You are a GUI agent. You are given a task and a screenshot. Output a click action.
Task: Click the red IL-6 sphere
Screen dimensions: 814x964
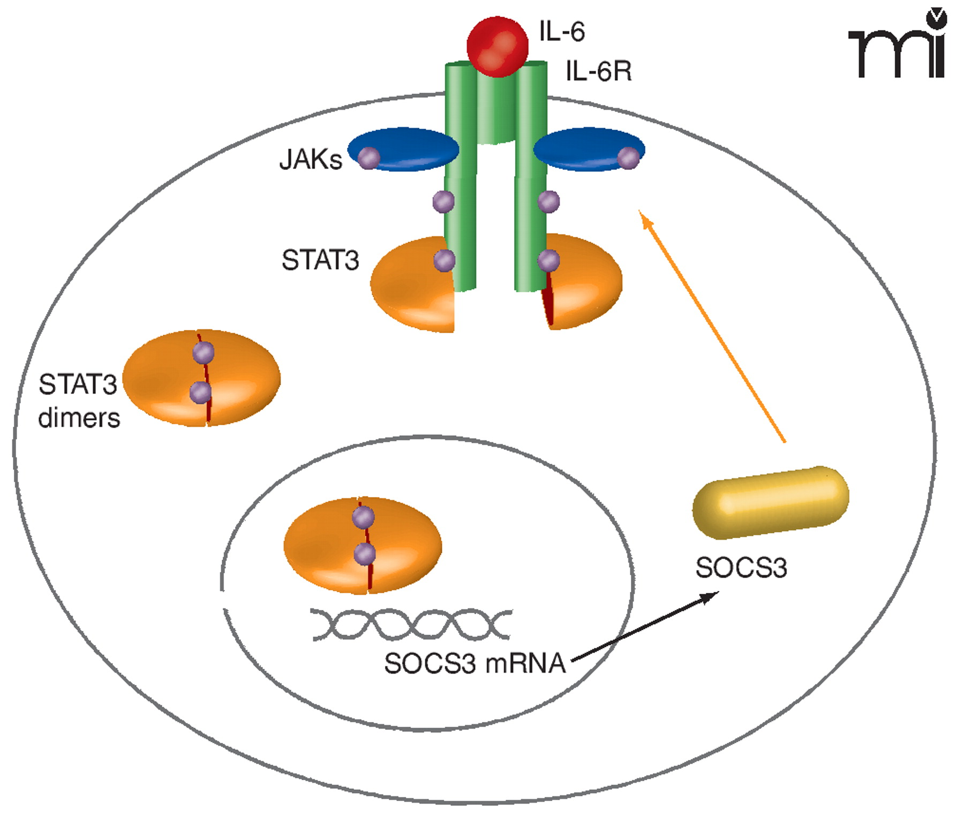[x=498, y=47]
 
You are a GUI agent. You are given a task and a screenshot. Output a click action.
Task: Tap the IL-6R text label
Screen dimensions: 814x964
[x=599, y=71]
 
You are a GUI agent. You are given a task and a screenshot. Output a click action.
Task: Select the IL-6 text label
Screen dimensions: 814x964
[x=562, y=32]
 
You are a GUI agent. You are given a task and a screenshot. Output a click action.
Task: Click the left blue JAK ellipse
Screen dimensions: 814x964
[x=407, y=149]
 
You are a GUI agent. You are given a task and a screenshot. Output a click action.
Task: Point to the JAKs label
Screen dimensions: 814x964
[x=311, y=160]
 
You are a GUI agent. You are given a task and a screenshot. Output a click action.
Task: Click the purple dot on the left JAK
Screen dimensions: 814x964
[x=368, y=158]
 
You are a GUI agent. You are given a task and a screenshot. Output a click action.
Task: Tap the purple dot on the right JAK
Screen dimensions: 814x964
[x=628, y=158]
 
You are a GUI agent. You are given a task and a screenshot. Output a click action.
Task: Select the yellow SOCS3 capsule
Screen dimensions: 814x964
[x=770, y=502]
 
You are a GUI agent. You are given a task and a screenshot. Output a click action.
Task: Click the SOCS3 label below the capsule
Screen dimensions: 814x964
[x=741, y=568]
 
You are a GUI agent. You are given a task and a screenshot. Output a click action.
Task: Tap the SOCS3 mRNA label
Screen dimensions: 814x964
[x=475, y=664]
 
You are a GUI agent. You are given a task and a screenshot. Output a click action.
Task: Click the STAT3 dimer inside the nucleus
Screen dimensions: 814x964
[x=363, y=545]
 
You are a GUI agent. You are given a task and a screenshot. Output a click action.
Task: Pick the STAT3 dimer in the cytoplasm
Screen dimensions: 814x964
[x=202, y=378]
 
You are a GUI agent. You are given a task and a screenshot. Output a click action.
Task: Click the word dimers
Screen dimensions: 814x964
[x=79, y=418]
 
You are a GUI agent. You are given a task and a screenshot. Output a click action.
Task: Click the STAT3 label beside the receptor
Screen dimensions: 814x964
[x=320, y=261]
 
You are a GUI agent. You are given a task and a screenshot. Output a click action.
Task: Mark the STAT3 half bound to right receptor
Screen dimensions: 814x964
[x=586, y=284]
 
